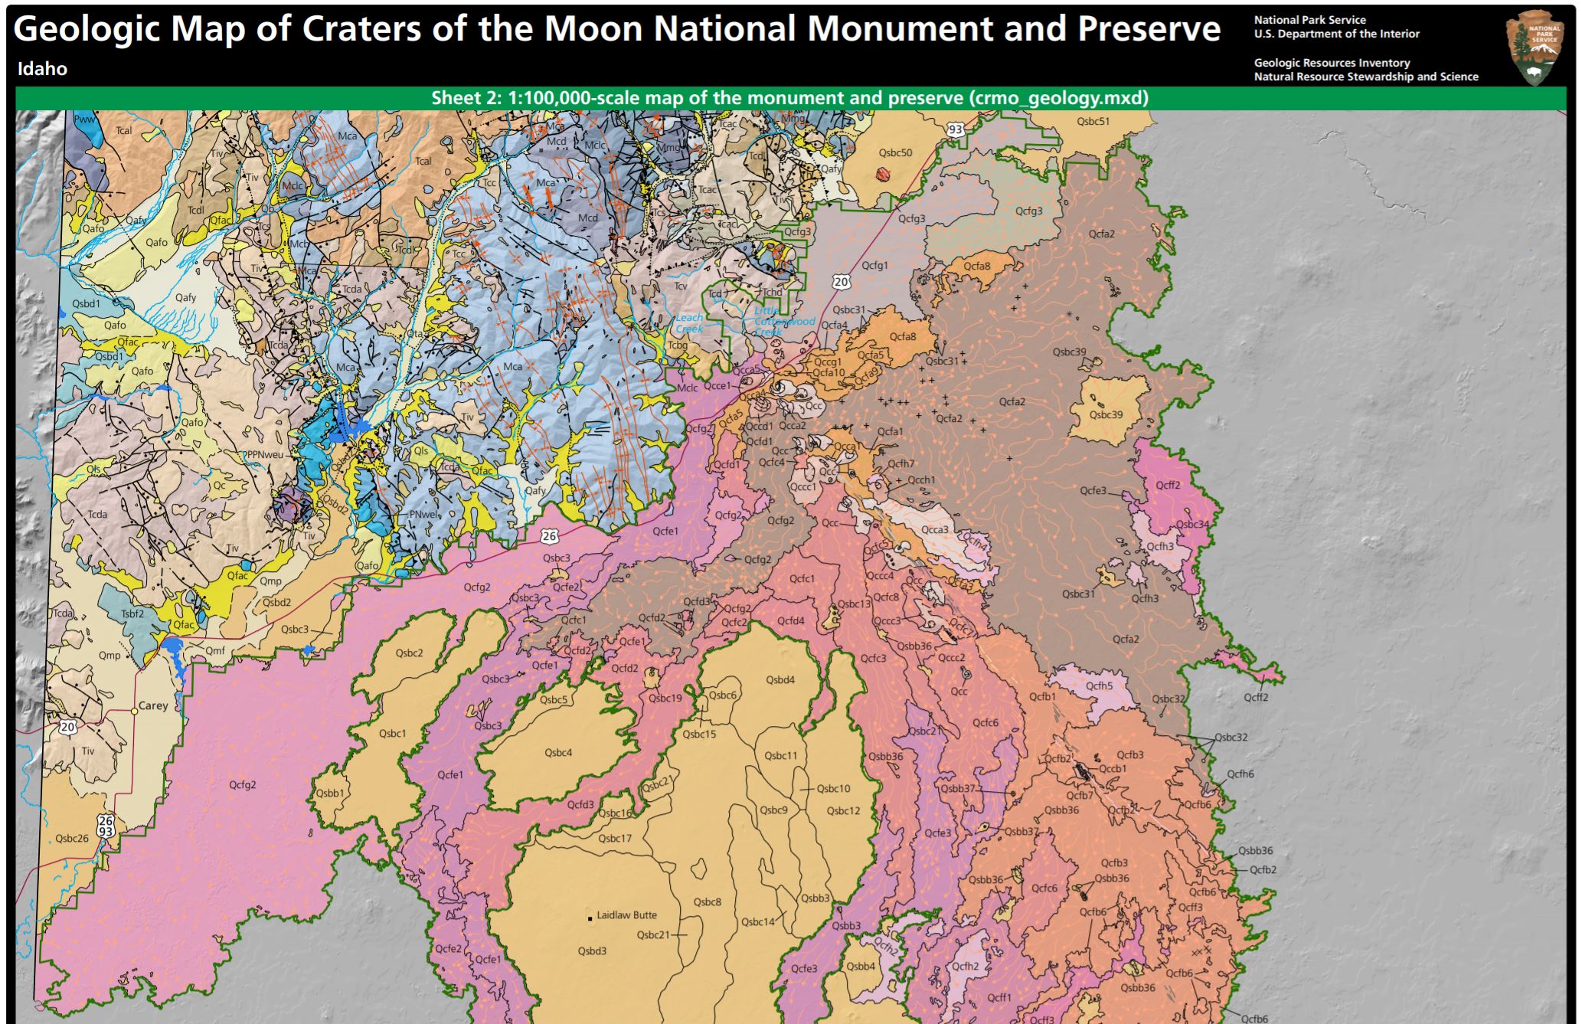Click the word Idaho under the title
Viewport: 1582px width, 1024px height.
[x=42, y=69]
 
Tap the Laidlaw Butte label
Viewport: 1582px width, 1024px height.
[x=626, y=914]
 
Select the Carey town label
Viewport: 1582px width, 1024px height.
[x=152, y=705]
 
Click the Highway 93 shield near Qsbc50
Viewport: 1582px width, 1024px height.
[x=955, y=130]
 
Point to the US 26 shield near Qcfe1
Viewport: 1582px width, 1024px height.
[x=549, y=537]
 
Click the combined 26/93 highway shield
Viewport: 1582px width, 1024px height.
[x=105, y=826]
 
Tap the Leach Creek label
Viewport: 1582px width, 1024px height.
[x=688, y=322]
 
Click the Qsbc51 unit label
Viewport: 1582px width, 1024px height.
[x=1093, y=121]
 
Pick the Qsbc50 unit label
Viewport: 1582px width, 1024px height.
[x=895, y=152]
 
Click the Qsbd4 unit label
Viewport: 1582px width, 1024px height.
[x=780, y=679]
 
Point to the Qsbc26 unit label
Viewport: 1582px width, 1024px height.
[x=72, y=838]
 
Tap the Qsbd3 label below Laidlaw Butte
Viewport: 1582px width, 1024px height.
[x=592, y=951]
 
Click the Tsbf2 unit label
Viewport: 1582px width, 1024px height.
[x=132, y=613]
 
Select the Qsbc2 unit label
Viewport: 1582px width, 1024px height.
[x=409, y=653]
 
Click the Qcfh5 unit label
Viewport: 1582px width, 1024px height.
[x=1099, y=685]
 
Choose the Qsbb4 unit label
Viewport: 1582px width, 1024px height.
[x=861, y=967]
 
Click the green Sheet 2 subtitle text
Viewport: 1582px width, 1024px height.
[x=789, y=98]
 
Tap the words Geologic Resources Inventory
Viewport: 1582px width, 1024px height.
[x=1332, y=63]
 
